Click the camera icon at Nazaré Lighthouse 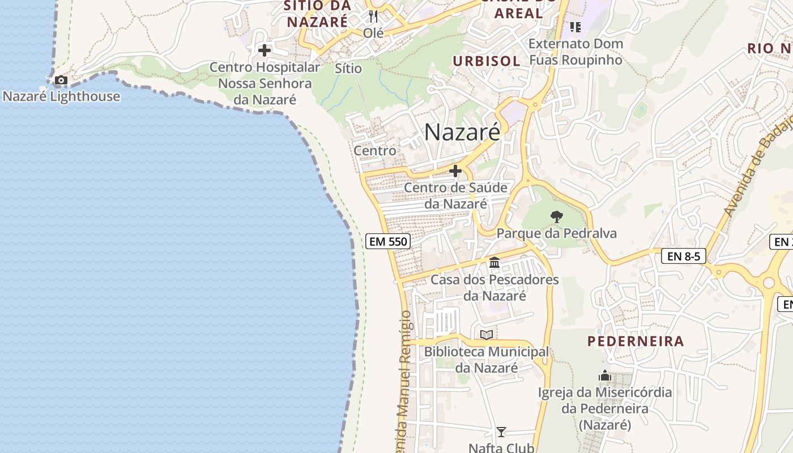click(x=61, y=80)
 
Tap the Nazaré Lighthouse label click(x=61, y=96)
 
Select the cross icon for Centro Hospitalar click(x=264, y=50)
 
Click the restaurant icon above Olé click(x=373, y=16)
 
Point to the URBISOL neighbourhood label click(x=487, y=61)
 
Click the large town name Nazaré click(x=462, y=133)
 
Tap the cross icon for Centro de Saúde click(x=455, y=170)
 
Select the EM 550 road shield click(x=387, y=241)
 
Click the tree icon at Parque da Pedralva click(x=557, y=216)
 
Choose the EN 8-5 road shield click(x=684, y=256)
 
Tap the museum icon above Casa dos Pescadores click(x=494, y=262)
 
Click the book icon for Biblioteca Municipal click(x=487, y=335)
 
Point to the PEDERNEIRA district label click(x=636, y=341)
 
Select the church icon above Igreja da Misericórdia click(x=605, y=375)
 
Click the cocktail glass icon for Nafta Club click(x=501, y=432)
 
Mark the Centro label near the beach click(x=375, y=151)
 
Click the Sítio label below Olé click(x=348, y=68)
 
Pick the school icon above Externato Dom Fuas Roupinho click(x=575, y=27)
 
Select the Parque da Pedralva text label click(x=556, y=233)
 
